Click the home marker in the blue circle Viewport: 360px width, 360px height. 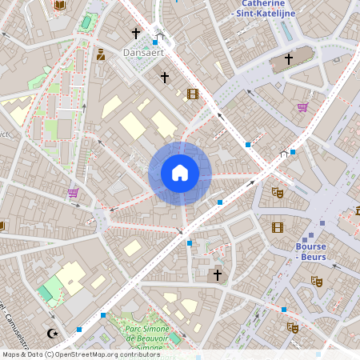[x=180, y=173]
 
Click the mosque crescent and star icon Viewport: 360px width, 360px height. [x=54, y=333]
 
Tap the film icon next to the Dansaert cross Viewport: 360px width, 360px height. [x=192, y=94]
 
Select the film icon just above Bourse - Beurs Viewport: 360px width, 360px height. [x=278, y=227]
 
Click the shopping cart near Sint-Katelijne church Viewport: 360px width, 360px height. [x=302, y=107]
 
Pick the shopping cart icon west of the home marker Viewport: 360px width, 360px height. [x=73, y=193]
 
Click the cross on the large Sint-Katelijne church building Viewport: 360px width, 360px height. [x=289, y=59]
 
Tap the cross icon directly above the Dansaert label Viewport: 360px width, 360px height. [x=136, y=34]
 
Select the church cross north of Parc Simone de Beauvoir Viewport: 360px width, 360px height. [x=215, y=275]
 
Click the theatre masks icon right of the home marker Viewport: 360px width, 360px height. [x=278, y=192]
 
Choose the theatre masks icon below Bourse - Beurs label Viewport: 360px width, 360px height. [x=316, y=282]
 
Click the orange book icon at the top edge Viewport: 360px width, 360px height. [x=59, y=6]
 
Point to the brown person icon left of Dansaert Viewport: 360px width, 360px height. [x=101, y=54]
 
